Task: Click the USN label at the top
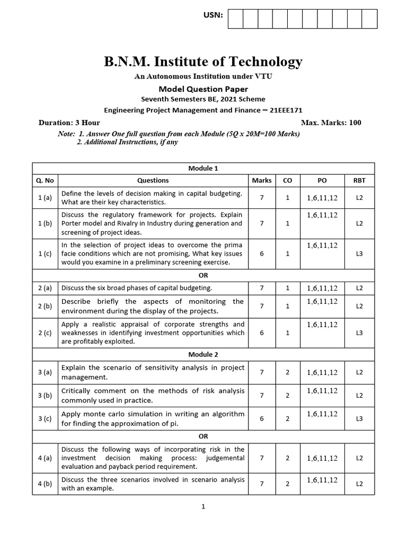coord(213,15)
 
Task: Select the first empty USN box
coord(235,19)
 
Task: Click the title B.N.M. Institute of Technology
coord(203,62)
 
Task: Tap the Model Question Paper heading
coord(203,89)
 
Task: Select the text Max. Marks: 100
coord(331,122)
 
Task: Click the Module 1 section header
coord(203,168)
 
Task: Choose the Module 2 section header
coord(203,354)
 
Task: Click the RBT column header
coord(359,180)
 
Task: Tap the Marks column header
coord(261,180)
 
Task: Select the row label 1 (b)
coord(45,223)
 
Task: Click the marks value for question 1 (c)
coord(261,253)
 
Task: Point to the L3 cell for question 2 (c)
coord(359,332)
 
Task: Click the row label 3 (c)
coord(45,418)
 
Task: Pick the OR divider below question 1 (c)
coord(203,275)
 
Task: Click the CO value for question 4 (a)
coord(287,458)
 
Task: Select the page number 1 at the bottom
coord(203,506)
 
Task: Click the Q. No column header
coord(45,180)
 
